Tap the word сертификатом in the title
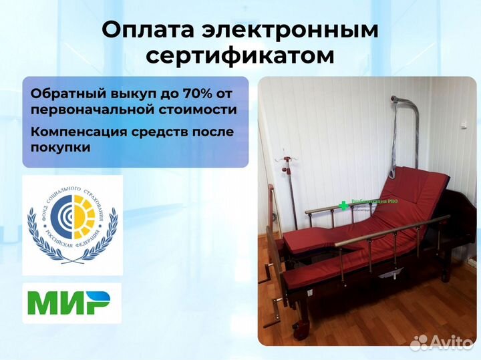click(240, 56)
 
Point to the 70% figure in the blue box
click(183, 91)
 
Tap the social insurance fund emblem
click(71, 225)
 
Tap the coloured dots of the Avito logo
click(419, 342)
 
